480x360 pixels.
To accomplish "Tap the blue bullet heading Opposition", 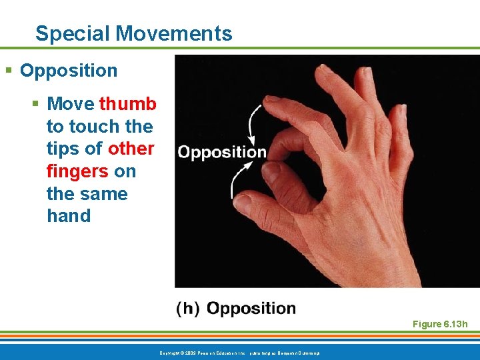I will [69, 71].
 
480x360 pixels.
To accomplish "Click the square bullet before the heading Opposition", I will [8, 71].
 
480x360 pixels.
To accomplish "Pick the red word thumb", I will [127, 104].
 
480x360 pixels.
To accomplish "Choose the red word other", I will [131, 149].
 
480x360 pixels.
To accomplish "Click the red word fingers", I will [77, 171].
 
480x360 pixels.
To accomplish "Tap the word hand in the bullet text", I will [68, 216].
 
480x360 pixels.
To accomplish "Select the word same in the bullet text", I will [103, 193].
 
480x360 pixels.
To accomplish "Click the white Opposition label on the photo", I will [222, 152].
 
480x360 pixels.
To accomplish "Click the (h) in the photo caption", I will [188, 309].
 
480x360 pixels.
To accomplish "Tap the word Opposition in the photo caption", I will [251, 309].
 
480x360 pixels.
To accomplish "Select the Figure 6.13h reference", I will [440, 324].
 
